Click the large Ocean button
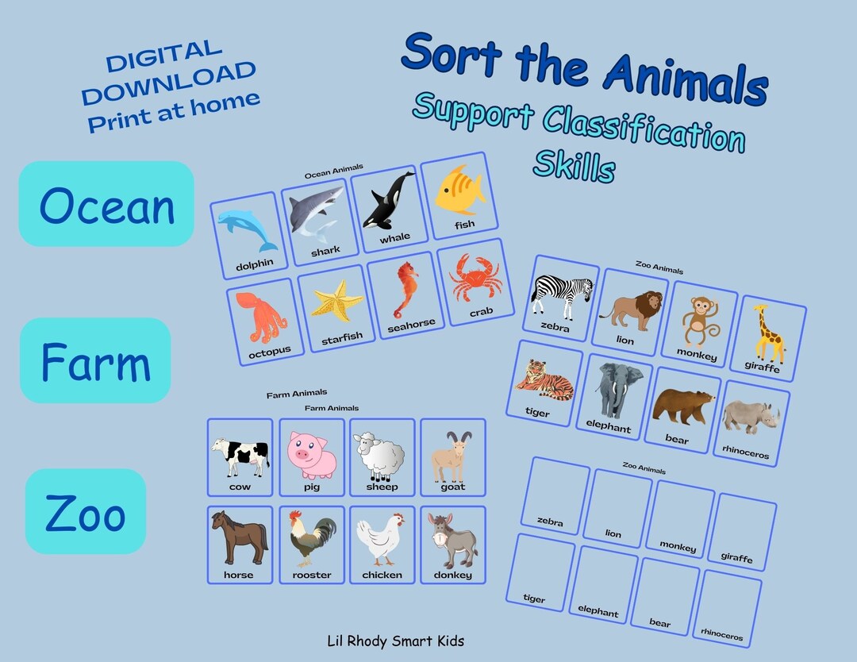(106, 204)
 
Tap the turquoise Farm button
(95, 361)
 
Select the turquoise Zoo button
(86, 511)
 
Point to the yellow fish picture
(459, 191)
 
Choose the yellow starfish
(337, 302)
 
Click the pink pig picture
(312, 454)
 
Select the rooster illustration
(312, 540)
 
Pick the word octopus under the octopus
(269, 349)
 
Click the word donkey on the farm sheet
(452, 575)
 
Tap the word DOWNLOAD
(168, 83)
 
